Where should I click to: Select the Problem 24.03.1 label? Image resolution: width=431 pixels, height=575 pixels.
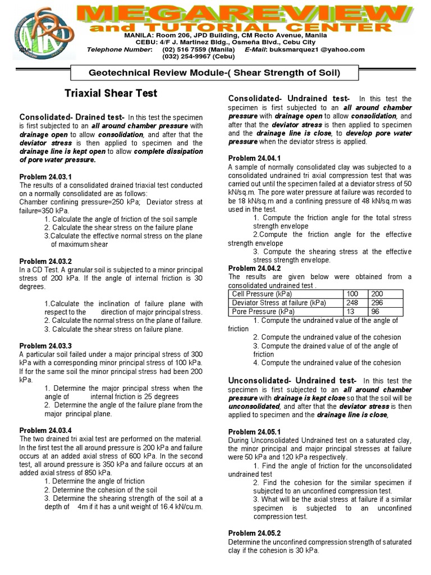(46, 176)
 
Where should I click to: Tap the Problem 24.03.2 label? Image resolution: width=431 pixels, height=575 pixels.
(46, 261)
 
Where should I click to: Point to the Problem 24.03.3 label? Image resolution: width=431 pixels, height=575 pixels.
(46, 345)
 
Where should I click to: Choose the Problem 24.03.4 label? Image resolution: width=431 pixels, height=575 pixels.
(46, 430)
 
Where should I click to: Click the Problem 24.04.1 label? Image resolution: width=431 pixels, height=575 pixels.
(254, 159)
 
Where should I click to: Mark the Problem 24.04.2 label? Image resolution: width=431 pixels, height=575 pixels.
(254, 268)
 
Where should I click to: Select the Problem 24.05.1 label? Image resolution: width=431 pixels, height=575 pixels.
(254, 432)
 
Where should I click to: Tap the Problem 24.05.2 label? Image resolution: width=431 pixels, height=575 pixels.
(254, 533)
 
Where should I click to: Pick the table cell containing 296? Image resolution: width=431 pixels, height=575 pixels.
(377, 303)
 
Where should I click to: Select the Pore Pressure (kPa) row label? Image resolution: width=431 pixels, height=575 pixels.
(264, 311)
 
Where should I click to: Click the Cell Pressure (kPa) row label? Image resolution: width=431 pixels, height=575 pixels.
(262, 294)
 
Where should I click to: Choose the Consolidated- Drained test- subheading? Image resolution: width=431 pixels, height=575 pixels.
(72, 116)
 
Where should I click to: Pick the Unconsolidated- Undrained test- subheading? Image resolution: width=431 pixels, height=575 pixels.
(292, 381)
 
